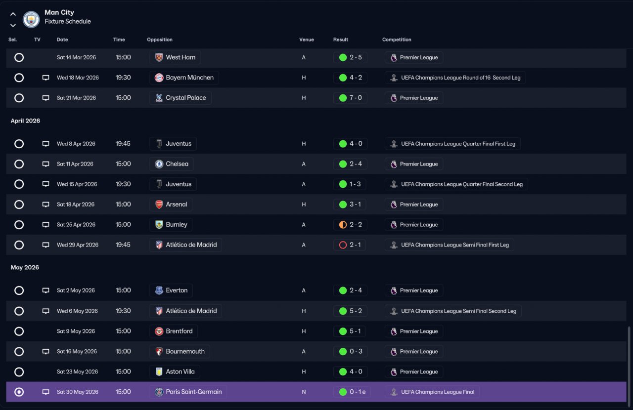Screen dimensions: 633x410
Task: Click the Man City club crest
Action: [x=31, y=19]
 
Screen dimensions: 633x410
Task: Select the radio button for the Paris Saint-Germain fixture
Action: [x=19, y=392]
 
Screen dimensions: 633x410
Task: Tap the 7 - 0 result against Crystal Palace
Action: [x=356, y=98]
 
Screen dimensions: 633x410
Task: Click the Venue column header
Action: [x=307, y=40]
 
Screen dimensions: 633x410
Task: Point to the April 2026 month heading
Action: [x=25, y=121]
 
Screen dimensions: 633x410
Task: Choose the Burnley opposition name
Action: [x=177, y=224]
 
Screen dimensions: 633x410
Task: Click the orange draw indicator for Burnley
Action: [x=343, y=225]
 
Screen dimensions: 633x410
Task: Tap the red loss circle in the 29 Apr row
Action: [x=343, y=245]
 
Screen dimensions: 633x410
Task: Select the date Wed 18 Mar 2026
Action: [x=78, y=78]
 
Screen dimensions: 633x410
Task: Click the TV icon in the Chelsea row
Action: [x=46, y=164]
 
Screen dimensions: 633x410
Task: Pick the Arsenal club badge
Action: [x=159, y=205]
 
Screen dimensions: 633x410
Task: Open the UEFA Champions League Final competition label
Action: [x=438, y=392]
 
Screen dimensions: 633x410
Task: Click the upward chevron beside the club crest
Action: [x=13, y=14]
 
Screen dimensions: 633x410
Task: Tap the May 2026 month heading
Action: [x=25, y=267]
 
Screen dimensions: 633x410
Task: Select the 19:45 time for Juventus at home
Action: [x=123, y=144]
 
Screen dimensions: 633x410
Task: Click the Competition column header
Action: [x=397, y=40]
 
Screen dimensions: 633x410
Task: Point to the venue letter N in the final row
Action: [x=304, y=392]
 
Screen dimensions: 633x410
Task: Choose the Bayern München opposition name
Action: [x=189, y=78]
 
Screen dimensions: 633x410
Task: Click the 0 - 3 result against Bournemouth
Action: [x=356, y=351]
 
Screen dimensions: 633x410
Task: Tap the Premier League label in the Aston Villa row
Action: [x=419, y=372]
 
